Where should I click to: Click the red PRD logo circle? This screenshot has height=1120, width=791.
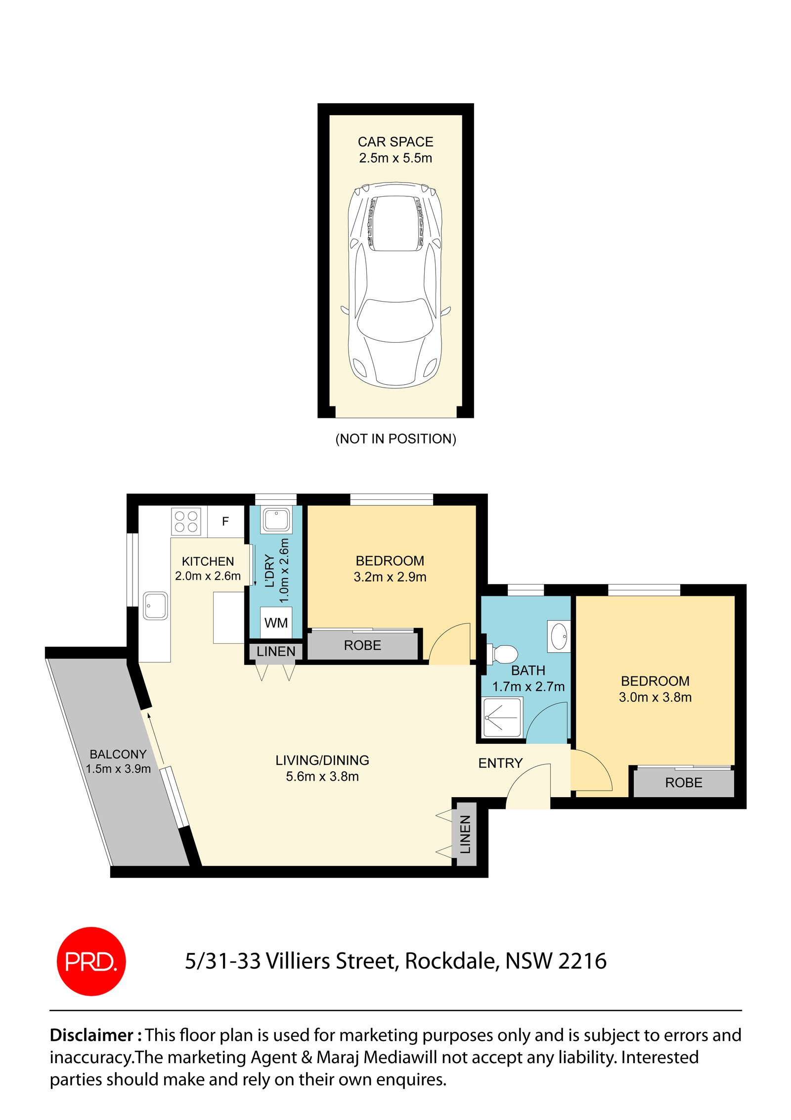coord(91,961)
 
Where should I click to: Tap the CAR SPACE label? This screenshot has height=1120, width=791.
coord(395,142)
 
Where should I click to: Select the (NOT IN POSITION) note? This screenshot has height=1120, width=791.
coord(395,439)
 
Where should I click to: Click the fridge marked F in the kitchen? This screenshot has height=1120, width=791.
coord(225,521)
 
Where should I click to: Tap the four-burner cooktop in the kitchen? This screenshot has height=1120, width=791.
coord(186,521)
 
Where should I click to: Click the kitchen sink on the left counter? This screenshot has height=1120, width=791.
coord(155,606)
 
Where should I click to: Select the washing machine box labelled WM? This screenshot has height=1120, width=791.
coord(276,623)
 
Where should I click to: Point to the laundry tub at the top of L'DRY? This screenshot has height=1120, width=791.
coord(276,520)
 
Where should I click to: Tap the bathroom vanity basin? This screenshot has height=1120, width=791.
coord(559,636)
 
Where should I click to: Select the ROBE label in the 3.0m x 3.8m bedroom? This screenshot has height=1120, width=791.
coord(683,783)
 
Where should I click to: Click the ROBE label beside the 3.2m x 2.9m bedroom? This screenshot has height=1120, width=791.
coord(362,645)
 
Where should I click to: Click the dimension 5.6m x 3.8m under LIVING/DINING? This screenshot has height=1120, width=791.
coord(322,776)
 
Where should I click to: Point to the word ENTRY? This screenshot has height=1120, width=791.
coord(500,763)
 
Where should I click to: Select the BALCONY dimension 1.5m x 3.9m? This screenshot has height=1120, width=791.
coord(118,769)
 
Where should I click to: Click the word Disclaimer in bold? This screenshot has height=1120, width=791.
coord(92,1035)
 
